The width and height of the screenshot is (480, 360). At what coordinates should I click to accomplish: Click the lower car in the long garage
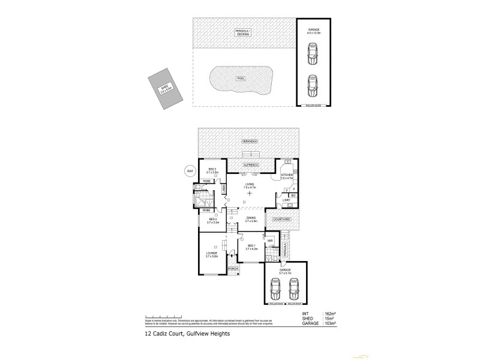(x=313, y=86)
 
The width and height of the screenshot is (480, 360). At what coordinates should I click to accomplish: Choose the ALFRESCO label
(x=250, y=164)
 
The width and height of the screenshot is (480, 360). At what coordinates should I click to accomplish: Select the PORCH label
(x=233, y=269)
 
